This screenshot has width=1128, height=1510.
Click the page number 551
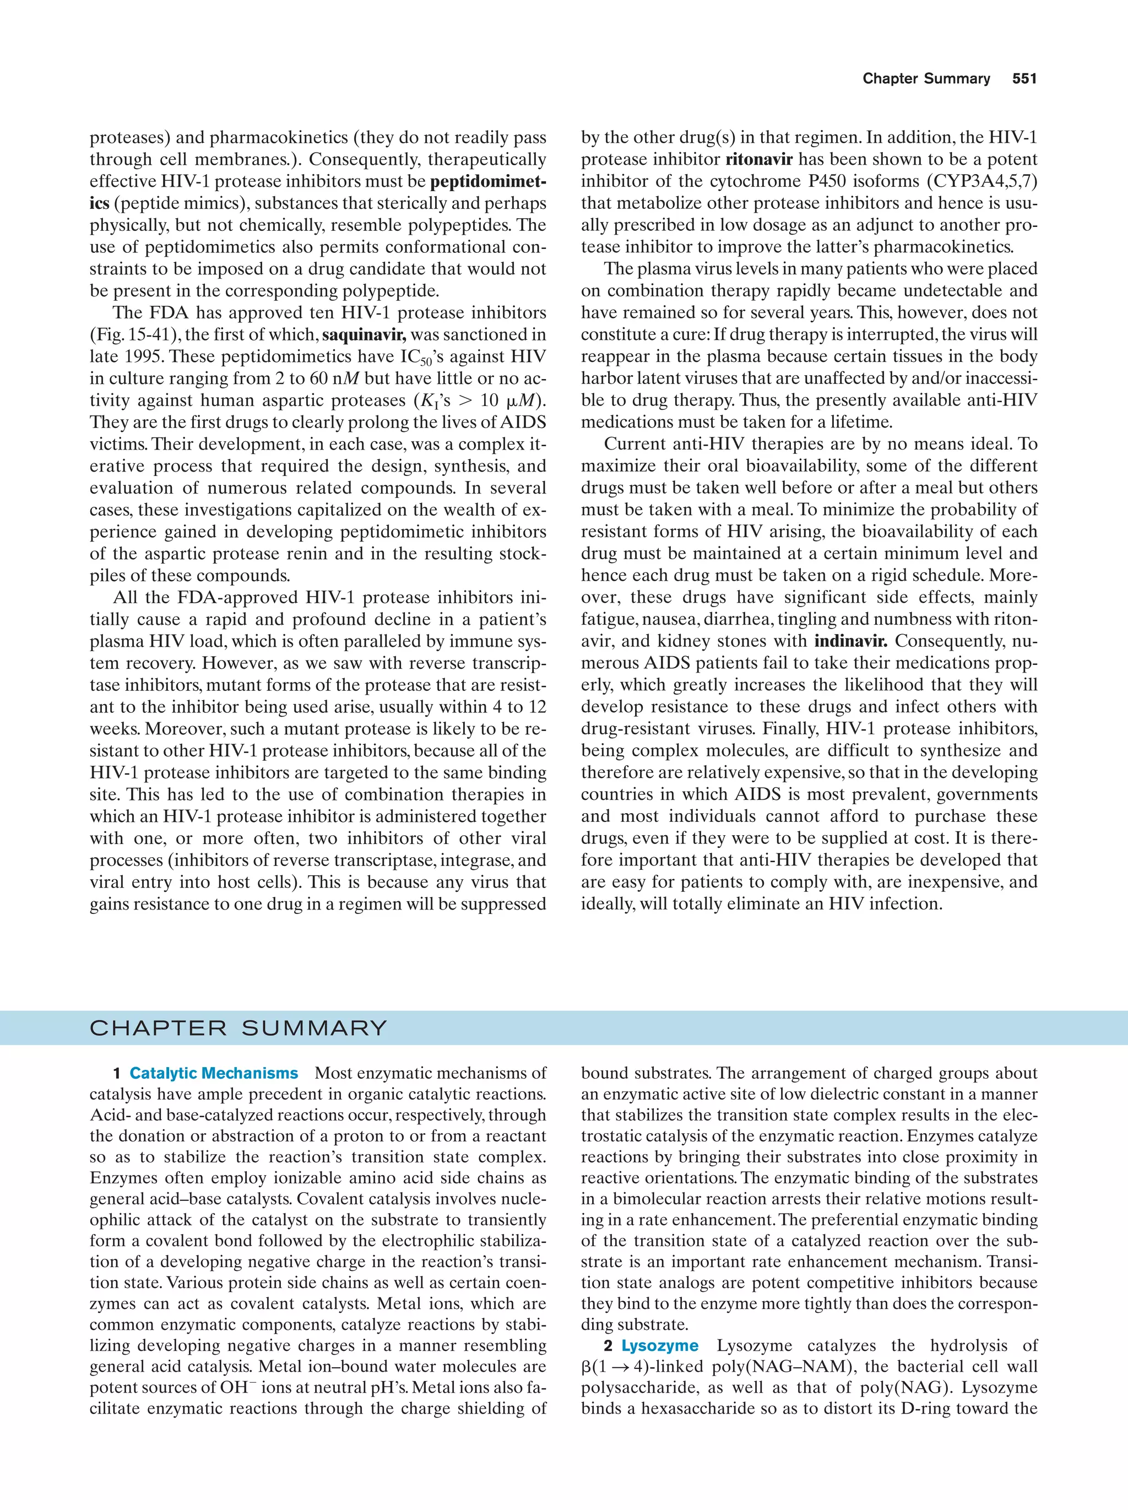point(1024,79)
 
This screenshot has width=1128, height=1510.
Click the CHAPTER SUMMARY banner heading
point(238,1028)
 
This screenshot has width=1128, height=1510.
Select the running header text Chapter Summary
point(926,79)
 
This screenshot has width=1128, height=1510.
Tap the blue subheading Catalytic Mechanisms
point(214,1073)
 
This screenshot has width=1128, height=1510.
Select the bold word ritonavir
point(759,159)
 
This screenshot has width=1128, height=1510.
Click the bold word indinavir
point(853,641)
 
